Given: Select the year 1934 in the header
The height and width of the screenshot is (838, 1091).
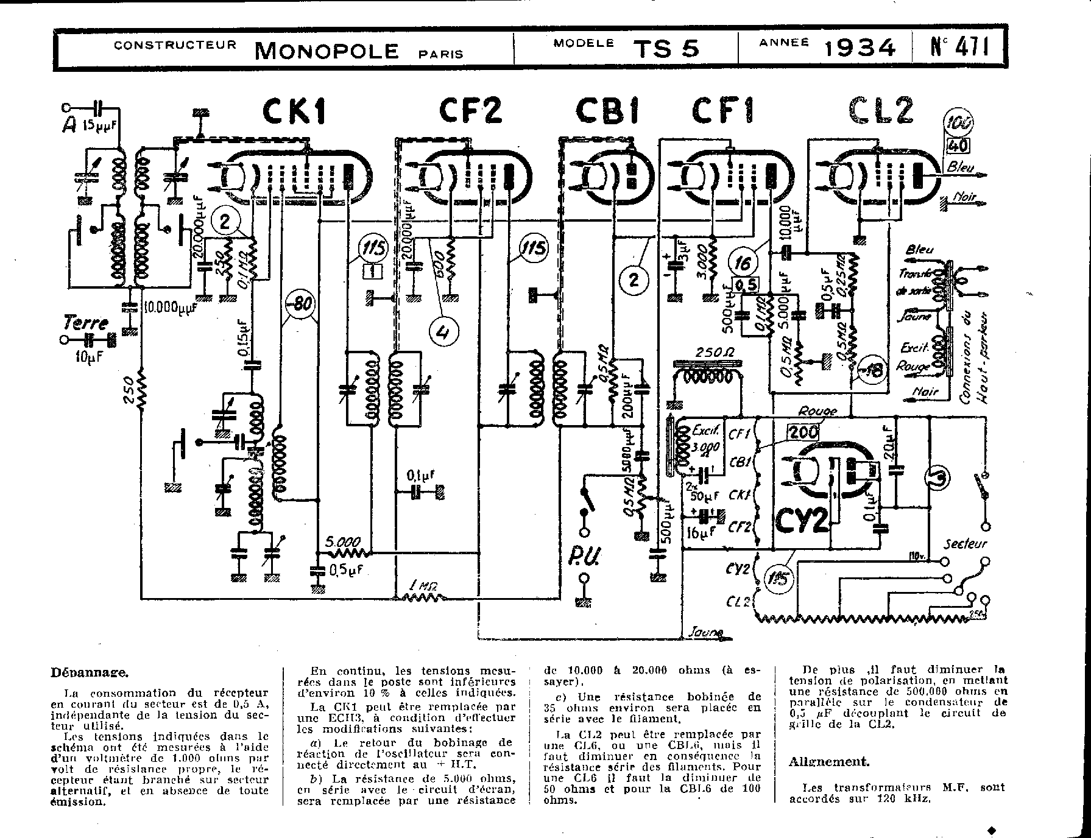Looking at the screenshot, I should pyautogui.click(x=860, y=48).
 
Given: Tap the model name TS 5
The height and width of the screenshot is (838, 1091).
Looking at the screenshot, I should pyautogui.click(x=666, y=48).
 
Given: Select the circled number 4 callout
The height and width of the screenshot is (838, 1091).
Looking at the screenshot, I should pyautogui.click(x=443, y=333).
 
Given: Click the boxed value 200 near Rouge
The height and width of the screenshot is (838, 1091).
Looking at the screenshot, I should pyautogui.click(x=802, y=432).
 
